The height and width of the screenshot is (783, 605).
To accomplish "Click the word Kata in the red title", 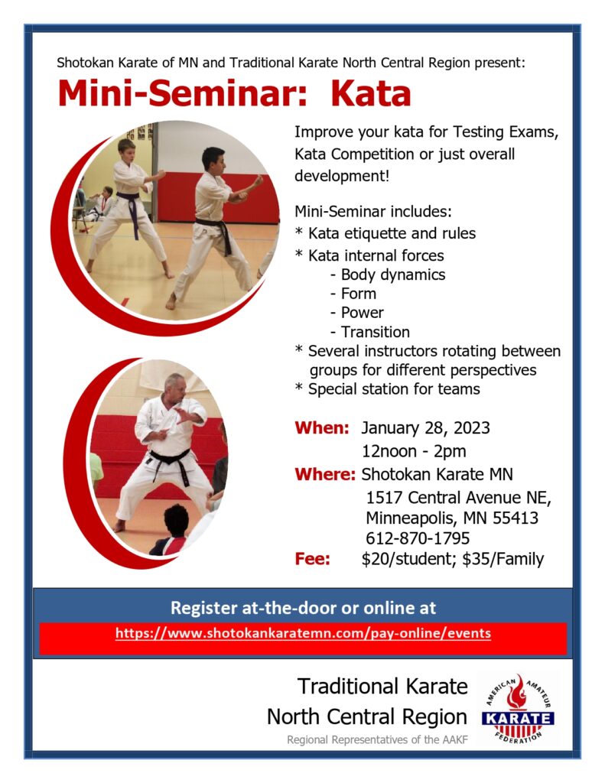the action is point(370,93).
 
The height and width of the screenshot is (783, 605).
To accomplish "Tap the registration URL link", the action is point(303,633).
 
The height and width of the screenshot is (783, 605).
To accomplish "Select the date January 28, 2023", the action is point(425,428).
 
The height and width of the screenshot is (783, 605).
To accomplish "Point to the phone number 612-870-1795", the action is point(418,538).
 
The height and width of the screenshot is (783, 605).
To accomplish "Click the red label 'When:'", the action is point(322,428).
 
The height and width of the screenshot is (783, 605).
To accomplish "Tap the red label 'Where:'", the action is point(325,474).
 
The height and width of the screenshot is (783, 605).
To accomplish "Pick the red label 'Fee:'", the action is point(312,559).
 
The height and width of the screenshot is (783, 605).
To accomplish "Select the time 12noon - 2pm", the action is point(414,451).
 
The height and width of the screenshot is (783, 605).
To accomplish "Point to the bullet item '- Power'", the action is point(356,313).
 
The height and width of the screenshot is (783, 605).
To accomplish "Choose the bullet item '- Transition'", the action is point(369,332).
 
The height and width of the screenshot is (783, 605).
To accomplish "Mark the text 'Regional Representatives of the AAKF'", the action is point(377,739).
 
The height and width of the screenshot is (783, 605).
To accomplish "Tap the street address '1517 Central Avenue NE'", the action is point(458,498).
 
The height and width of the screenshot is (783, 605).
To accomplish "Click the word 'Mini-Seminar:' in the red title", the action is point(182,93).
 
